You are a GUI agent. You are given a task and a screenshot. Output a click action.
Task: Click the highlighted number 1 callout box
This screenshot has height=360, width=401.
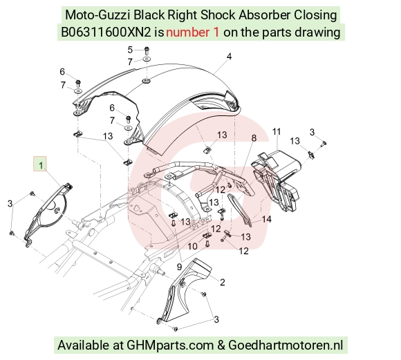(40, 164)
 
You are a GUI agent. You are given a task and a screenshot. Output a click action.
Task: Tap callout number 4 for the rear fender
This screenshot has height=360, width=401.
(229, 56)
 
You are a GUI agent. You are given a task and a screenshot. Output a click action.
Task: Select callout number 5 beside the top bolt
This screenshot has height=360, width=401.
(130, 50)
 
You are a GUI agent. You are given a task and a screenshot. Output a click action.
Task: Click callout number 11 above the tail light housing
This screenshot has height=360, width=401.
(276, 132)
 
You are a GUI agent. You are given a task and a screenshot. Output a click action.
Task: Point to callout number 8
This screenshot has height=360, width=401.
(254, 138)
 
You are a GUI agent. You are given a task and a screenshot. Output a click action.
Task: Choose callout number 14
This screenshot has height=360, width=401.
(266, 219)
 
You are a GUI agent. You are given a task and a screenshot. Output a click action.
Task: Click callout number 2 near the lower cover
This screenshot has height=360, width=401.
(222, 283)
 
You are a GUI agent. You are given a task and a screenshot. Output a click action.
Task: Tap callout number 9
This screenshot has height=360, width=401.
(179, 267)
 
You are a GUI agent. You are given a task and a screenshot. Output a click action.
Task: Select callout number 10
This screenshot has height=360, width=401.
(193, 246)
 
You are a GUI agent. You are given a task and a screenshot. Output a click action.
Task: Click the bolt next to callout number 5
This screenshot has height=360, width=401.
(147, 50)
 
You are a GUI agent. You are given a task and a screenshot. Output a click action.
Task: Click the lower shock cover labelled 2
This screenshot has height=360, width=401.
(185, 291)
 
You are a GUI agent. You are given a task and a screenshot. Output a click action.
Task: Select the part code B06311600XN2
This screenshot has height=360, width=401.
(106, 32)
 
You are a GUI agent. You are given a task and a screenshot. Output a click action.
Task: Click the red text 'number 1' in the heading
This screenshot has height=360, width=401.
(193, 32)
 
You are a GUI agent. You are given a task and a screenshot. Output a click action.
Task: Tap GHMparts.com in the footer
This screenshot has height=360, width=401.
(170, 345)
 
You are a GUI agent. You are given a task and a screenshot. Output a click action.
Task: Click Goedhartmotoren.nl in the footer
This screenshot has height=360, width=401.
(286, 345)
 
